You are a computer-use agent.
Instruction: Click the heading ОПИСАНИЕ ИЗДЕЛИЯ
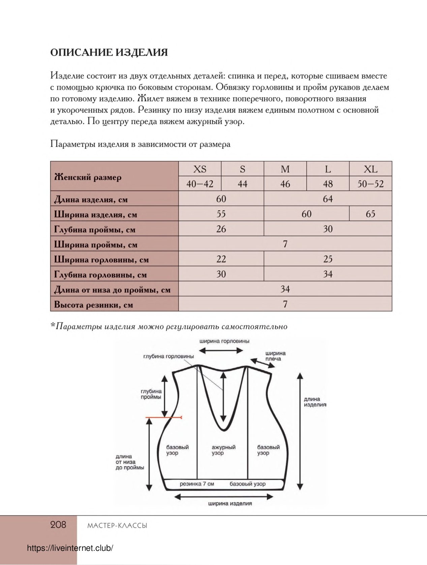point(109,53)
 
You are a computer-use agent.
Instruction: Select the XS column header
point(200,169)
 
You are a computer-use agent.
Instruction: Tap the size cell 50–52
point(370,184)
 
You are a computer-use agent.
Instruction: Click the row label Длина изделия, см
point(91,199)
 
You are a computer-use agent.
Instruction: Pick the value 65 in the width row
point(370,214)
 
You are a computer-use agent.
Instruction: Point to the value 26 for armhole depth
point(221,229)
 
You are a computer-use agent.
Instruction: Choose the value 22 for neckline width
point(221,259)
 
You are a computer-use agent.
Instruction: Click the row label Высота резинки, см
point(94,305)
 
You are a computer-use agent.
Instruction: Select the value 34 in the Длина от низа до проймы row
point(285,289)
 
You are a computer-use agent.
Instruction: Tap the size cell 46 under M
point(285,184)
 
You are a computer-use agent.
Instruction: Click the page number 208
point(58,525)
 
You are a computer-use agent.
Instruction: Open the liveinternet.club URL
point(70,548)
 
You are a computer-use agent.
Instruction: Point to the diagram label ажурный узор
point(223,450)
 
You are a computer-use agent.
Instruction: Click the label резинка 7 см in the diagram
point(197,484)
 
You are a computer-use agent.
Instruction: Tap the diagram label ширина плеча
point(275,356)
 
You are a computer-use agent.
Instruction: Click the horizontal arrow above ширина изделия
point(224,497)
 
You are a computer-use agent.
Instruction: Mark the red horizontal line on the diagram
point(164,418)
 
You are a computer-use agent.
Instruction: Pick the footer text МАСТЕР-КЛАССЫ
point(117,526)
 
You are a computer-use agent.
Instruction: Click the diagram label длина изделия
point(314,402)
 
